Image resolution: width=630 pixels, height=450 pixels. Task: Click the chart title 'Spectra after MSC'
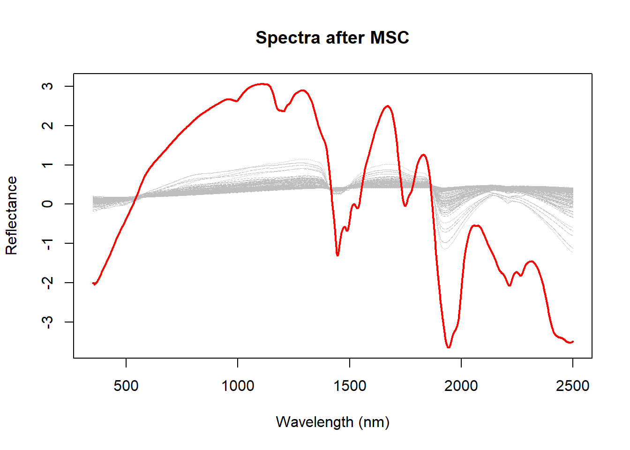pyautogui.click(x=332, y=37)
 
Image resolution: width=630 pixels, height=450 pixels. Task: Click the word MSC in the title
pyautogui.click(x=390, y=37)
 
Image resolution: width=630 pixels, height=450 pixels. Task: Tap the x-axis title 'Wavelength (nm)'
pyautogui.click(x=332, y=422)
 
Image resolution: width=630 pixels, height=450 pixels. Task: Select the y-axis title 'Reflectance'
pyautogui.click(x=11, y=216)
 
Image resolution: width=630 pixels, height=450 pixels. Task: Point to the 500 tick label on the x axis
pyautogui.click(x=126, y=386)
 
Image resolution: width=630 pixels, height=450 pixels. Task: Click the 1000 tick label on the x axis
pyautogui.click(x=238, y=386)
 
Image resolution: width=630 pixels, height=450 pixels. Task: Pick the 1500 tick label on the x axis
pyautogui.click(x=350, y=386)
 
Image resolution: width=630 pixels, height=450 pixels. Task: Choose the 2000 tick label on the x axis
pyautogui.click(x=461, y=386)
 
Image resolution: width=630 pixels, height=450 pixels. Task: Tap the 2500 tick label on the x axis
pyautogui.click(x=573, y=386)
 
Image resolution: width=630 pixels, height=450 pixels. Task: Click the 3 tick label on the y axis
pyautogui.click(x=47, y=86)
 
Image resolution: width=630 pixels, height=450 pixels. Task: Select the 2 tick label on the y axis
pyautogui.click(x=47, y=126)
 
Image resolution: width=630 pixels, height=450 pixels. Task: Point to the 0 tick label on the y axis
pyautogui.click(x=47, y=204)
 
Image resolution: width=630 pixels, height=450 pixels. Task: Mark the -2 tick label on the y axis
pyautogui.click(x=47, y=283)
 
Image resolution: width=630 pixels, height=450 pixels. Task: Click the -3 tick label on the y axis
pyautogui.click(x=47, y=322)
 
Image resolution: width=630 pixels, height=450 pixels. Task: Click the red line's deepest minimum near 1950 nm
pyautogui.click(x=449, y=347)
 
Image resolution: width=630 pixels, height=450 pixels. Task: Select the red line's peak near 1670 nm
pyautogui.click(x=387, y=106)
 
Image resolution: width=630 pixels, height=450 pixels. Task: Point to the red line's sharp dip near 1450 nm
pyautogui.click(x=337, y=255)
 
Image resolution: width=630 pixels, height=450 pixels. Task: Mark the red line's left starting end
pyautogui.click(x=93, y=283)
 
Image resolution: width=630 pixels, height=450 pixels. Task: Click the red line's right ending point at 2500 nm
pyautogui.click(x=573, y=342)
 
